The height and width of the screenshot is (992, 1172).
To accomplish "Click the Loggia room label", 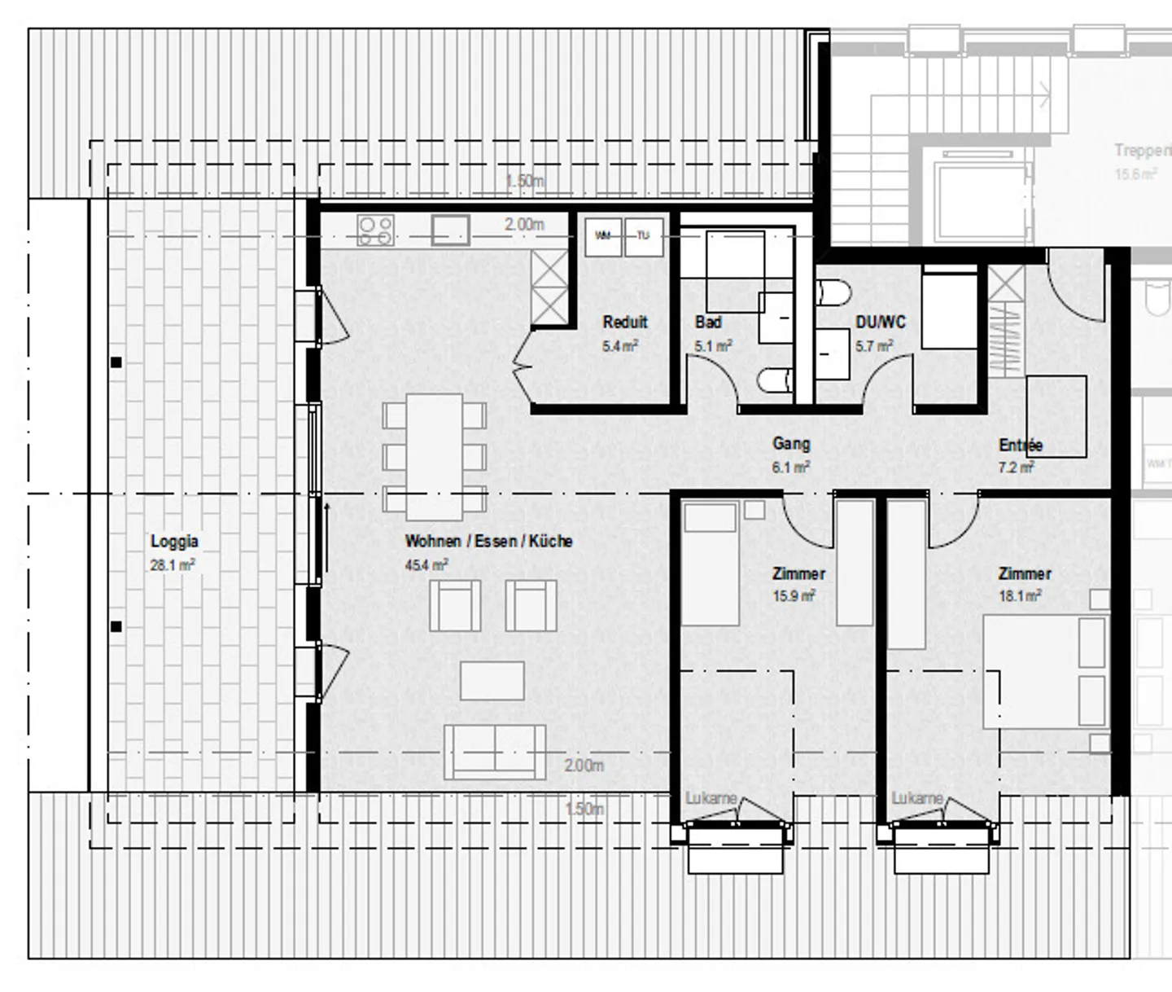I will pyautogui.click(x=174, y=542).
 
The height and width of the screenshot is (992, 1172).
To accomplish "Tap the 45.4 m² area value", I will pyautogui.click(x=426, y=564).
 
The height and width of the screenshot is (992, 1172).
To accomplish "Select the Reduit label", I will pyautogui.click(x=625, y=322).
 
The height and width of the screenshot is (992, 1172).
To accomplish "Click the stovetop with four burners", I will pyautogui.click(x=375, y=230).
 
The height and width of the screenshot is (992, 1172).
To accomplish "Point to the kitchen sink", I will pyautogui.click(x=450, y=230).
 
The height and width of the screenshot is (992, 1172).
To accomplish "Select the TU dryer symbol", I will pyautogui.click(x=644, y=236).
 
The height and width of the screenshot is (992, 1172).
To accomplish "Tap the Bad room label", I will pyautogui.click(x=708, y=322).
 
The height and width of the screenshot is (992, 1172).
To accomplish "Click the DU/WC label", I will pyautogui.click(x=880, y=322).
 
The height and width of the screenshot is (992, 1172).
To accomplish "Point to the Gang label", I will pyautogui.click(x=790, y=444).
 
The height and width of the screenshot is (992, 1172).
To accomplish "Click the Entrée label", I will pyautogui.click(x=1020, y=445).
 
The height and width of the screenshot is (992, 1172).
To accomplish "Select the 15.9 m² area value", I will pyautogui.click(x=794, y=596).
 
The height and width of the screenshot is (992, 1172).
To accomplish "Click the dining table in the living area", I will pyautogui.click(x=435, y=456).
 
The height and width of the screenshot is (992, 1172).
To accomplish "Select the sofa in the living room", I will pyautogui.click(x=495, y=751).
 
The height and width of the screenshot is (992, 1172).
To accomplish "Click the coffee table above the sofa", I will pyautogui.click(x=492, y=681).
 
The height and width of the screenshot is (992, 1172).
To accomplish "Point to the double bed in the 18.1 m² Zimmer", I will pyautogui.click(x=1045, y=672).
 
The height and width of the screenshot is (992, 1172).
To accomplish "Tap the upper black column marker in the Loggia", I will pyautogui.click(x=116, y=362).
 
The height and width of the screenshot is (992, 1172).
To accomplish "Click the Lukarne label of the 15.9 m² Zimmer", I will pyautogui.click(x=711, y=798).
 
